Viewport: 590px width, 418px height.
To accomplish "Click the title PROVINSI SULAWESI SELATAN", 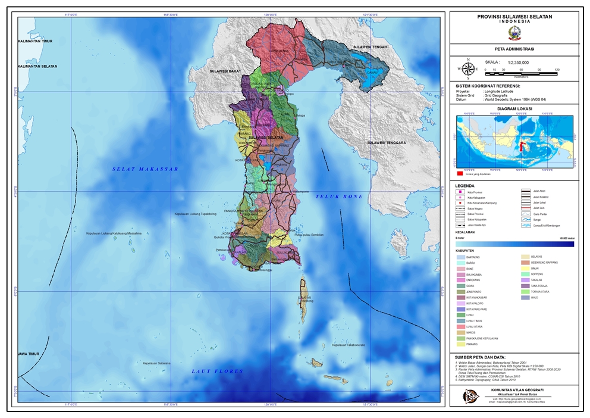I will pyautogui.click(x=514, y=16).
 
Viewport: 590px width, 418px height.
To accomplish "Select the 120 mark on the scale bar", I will pyautogui.click(x=557, y=70).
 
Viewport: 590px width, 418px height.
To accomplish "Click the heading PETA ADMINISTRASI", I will pyautogui.click(x=514, y=49).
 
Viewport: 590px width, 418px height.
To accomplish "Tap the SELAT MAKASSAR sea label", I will pyautogui.click(x=146, y=169).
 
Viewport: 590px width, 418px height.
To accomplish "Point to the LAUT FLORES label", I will pyautogui.click(x=218, y=371).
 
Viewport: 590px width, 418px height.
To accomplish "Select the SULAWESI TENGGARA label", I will pyautogui.click(x=386, y=143).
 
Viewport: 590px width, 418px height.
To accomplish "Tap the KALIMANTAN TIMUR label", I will pyautogui.click(x=36, y=41).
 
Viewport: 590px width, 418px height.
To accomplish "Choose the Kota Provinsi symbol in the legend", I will pyautogui.click(x=462, y=191).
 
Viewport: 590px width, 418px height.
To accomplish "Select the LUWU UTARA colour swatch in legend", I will pyautogui.click(x=461, y=326).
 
